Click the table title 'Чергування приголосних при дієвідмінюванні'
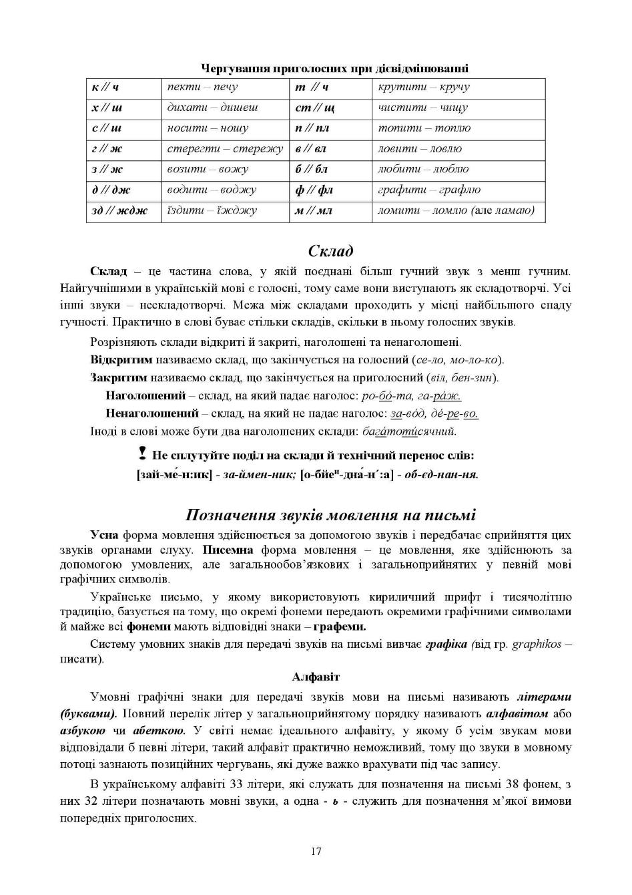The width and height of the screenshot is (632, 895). pos(334,69)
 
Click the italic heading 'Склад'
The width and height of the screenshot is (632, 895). pos(330,251)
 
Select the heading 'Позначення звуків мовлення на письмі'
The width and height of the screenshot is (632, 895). pos(330,515)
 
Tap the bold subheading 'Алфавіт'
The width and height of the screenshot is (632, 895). pos(316,677)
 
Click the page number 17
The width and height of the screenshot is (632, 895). pos(316,852)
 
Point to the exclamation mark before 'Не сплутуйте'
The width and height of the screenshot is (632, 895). pos(142,454)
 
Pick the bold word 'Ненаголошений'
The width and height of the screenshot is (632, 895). pos(151,413)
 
